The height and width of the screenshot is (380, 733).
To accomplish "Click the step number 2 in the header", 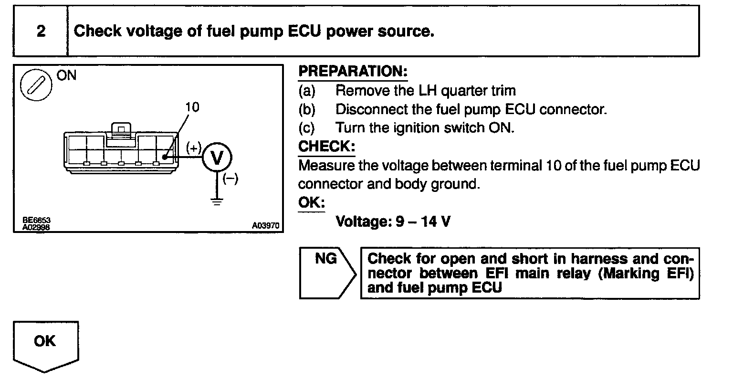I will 41,32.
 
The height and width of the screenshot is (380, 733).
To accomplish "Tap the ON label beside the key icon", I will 66,75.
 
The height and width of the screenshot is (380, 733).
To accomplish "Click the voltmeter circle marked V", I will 217,158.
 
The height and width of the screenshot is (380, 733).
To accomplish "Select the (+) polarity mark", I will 194,147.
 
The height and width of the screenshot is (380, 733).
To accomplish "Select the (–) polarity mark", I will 230,180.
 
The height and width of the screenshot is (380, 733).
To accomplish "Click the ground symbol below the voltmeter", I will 217,201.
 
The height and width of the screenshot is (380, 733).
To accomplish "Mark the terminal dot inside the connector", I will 164,157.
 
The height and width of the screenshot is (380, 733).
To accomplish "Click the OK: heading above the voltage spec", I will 311,202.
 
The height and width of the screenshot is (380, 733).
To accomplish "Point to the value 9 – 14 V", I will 423,222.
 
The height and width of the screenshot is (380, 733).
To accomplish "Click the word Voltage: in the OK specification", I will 363,222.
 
